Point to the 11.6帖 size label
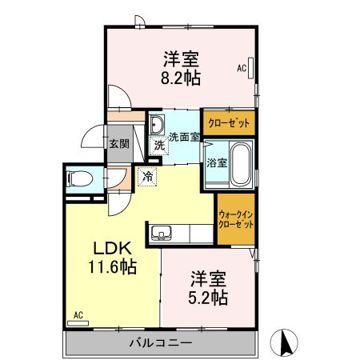(x=111, y=266)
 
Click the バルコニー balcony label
(x=161, y=343)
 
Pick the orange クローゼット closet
(x=228, y=123)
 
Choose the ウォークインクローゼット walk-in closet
(x=236, y=219)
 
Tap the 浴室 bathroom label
(x=217, y=162)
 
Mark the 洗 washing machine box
(x=159, y=146)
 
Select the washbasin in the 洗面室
(x=157, y=124)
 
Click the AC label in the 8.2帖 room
(x=241, y=69)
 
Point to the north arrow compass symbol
(x=284, y=343)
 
